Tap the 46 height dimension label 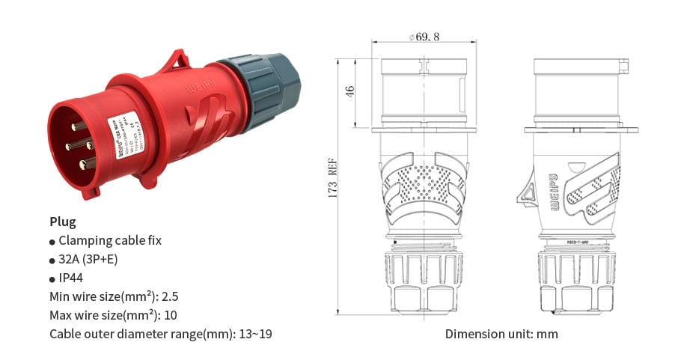tap(349, 91)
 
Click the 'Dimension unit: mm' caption tap(501, 334)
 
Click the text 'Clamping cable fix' tap(110, 240)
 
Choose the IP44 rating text tap(76, 278)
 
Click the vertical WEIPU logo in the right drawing tap(555, 191)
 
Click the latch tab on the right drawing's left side tap(526, 192)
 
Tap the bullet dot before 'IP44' tap(52, 278)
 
